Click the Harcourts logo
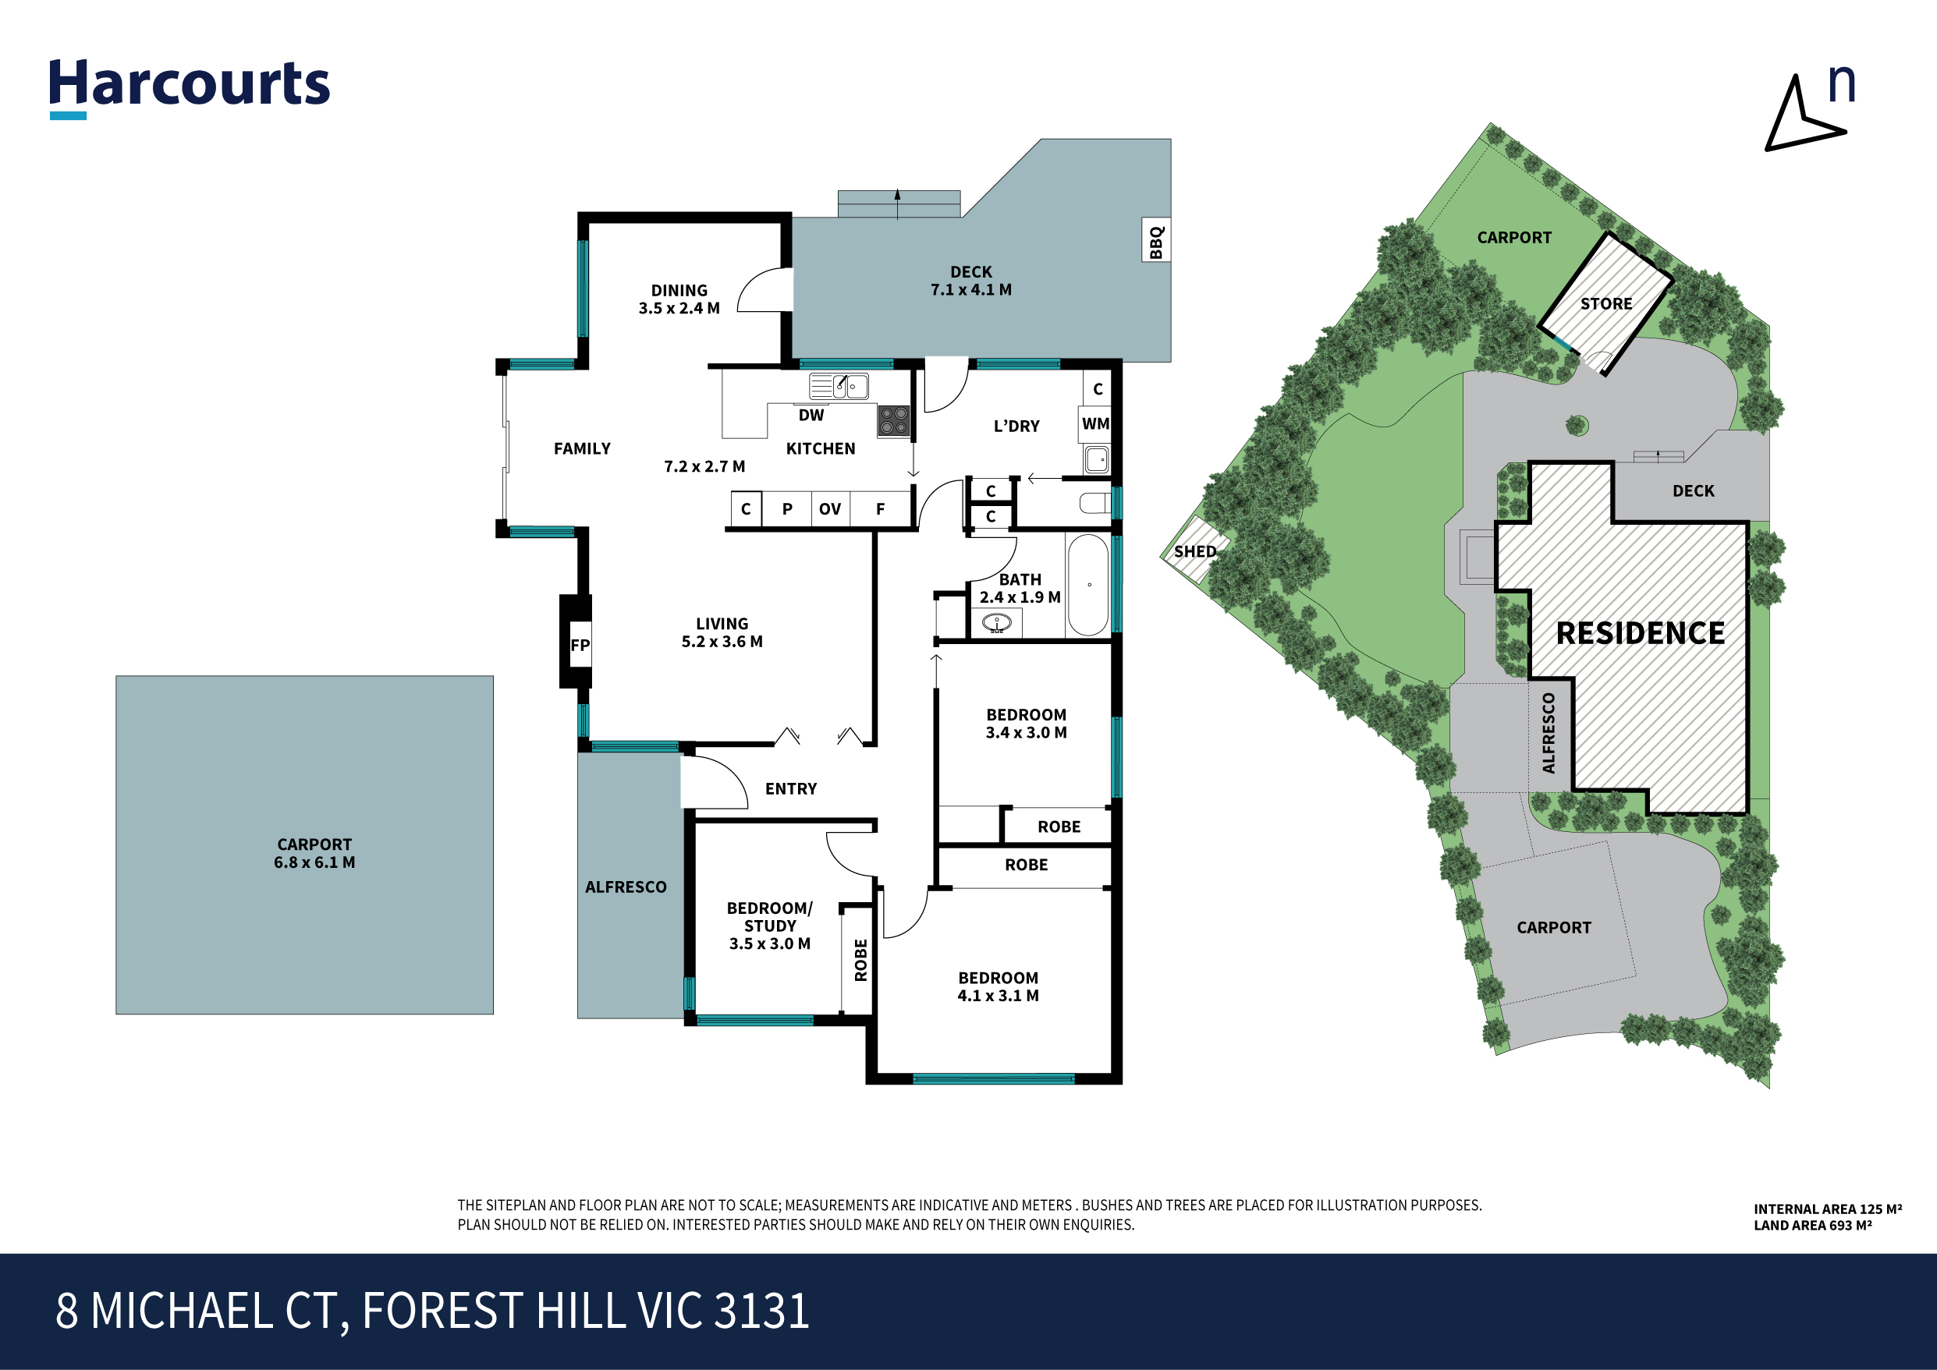coord(189,86)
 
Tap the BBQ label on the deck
coord(1155,242)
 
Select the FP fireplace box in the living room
coord(580,646)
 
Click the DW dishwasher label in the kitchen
coord(811,415)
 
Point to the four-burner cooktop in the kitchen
coord(893,420)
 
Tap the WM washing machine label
coord(1095,423)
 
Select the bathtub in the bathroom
coord(1088,585)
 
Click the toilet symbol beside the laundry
coord(1094,504)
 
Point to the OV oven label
coord(830,509)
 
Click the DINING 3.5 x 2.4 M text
coord(679,299)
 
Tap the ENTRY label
coord(791,789)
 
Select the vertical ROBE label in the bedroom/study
coord(860,960)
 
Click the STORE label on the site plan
coord(1606,303)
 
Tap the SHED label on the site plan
coord(1195,552)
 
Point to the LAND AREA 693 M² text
coord(1812,1225)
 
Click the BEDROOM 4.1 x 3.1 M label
coord(998,986)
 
